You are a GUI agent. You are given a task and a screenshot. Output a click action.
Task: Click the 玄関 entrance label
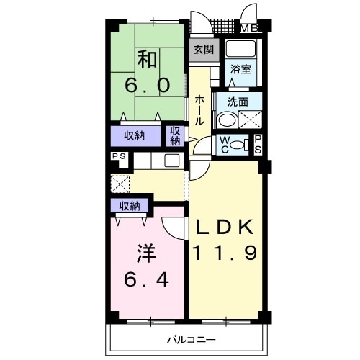coord(204,50)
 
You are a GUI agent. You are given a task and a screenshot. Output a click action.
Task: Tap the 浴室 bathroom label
coord(240,69)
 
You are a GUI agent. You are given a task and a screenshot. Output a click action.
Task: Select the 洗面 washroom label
coord(238,102)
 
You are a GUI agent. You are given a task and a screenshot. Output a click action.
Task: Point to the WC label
coord(225,145)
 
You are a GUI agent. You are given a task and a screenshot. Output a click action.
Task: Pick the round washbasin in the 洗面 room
coord(227,120)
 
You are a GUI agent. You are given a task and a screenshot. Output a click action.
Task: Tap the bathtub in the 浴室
coord(240,49)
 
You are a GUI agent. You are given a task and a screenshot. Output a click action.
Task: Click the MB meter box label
coord(249,28)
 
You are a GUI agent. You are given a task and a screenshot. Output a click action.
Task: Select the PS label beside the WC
coord(258,145)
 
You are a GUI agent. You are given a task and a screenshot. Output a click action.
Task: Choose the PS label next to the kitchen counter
coord(119,156)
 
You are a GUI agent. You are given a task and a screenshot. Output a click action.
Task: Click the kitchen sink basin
coord(172,161)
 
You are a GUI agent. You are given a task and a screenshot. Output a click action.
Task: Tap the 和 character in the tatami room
coord(147,58)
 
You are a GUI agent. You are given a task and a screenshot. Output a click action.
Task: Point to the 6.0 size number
coord(148,86)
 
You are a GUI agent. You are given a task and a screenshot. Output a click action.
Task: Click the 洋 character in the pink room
coord(147,253)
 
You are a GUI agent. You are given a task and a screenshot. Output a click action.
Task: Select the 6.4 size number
coord(146,280)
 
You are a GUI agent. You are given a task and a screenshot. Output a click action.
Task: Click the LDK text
coord(225,227)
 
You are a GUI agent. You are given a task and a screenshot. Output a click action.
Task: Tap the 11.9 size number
coord(225,253)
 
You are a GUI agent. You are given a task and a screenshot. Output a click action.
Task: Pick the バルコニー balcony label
coord(192,340)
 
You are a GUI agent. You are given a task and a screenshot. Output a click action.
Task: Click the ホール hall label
coord(199,110)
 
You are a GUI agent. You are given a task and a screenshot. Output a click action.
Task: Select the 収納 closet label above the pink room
coord(130,206)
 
